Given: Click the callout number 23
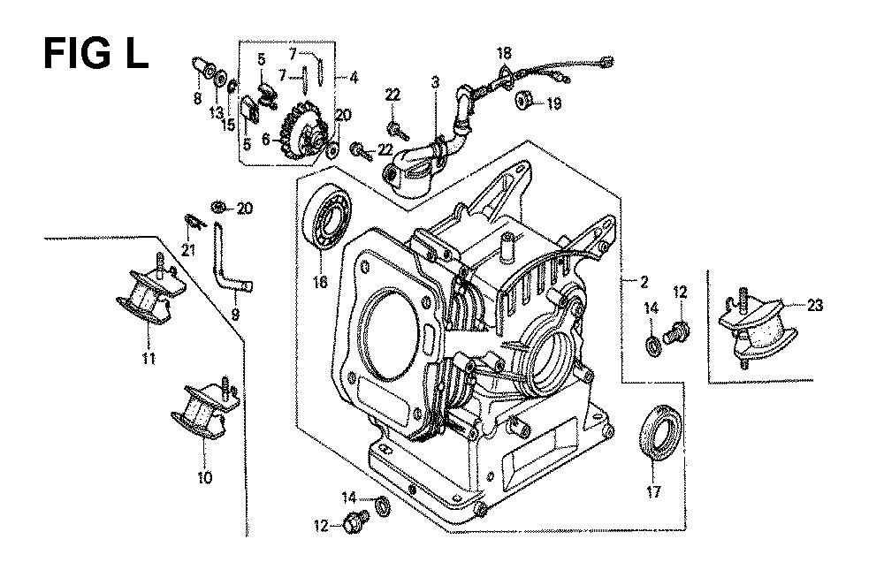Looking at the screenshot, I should click(x=814, y=307).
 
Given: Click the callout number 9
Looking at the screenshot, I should click(x=235, y=314).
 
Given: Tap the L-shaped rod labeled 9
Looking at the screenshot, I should click(x=227, y=261).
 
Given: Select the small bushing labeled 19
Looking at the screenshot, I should click(x=525, y=102).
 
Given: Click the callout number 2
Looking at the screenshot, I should click(x=644, y=282).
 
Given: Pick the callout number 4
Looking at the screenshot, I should click(x=353, y=77).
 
